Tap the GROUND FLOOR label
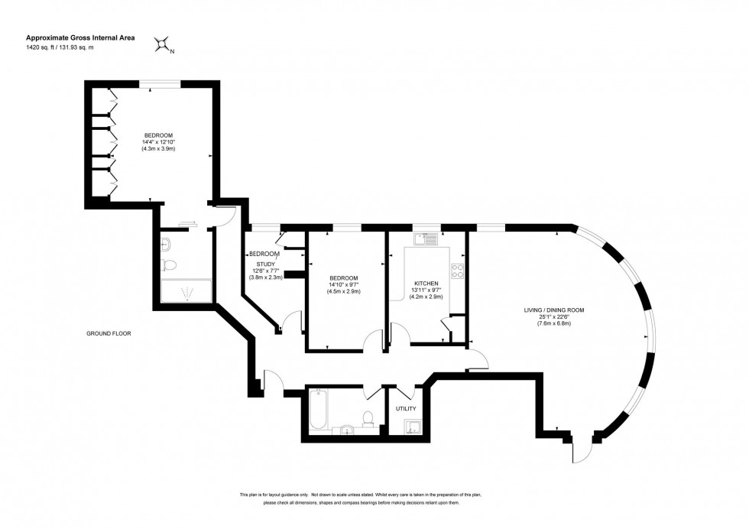pos(108,333)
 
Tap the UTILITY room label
pos(405,409)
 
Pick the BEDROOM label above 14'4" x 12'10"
pos(158,135)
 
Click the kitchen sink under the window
pos(425,239)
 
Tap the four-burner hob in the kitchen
pos(459,270)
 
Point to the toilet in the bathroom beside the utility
pos(368,419)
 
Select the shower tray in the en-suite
pos(184,291)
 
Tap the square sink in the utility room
pos(413,427)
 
